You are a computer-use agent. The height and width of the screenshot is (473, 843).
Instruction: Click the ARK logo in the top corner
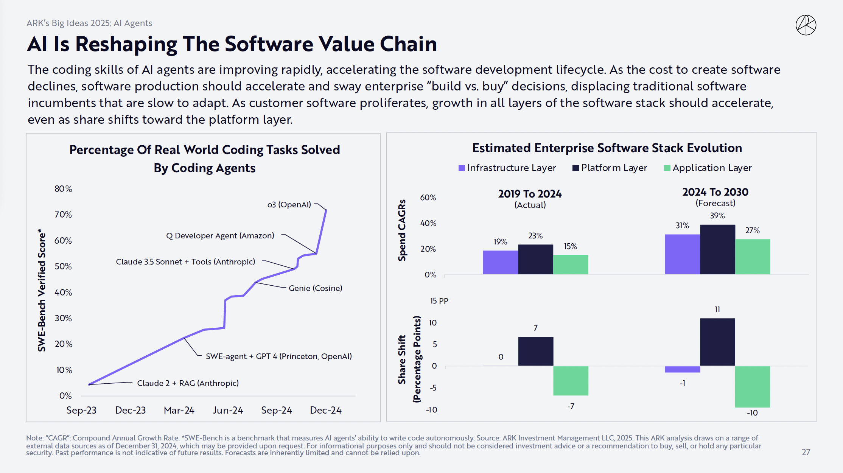coord(806,25)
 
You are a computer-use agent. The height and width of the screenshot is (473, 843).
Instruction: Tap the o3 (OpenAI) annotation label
coord(289,205)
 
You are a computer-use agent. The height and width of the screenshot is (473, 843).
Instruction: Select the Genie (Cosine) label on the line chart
coord(315,288)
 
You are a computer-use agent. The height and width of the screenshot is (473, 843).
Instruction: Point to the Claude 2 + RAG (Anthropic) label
coord(188,383)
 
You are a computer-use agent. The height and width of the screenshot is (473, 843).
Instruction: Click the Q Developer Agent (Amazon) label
coord(220,236)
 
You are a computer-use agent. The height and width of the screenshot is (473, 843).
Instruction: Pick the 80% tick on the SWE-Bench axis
coord(63,189)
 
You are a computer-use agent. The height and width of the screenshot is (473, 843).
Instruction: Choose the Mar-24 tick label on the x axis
coord(179,410)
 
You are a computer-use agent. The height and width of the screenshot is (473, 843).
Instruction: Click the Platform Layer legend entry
coord(610,168)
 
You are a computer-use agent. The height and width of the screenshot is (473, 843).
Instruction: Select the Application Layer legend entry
coord(708,168)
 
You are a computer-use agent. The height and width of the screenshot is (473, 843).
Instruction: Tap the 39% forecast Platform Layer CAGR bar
coord(717,249)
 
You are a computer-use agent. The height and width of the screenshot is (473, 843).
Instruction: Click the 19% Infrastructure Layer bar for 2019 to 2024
coord(500,262)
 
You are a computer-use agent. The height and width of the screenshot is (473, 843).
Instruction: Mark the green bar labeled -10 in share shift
coord(752,386)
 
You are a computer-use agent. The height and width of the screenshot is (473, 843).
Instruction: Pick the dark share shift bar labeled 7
coord(535,351)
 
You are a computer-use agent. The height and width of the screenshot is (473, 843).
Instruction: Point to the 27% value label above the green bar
coord(752,230)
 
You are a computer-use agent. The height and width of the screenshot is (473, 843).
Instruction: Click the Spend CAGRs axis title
coord(402,230)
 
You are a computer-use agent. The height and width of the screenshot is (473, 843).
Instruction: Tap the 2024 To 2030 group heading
coord(715,192)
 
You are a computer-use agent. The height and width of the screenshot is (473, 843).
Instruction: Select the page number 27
coord(806,452)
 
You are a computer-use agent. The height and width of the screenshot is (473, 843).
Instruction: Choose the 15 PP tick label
coord(439,301)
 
